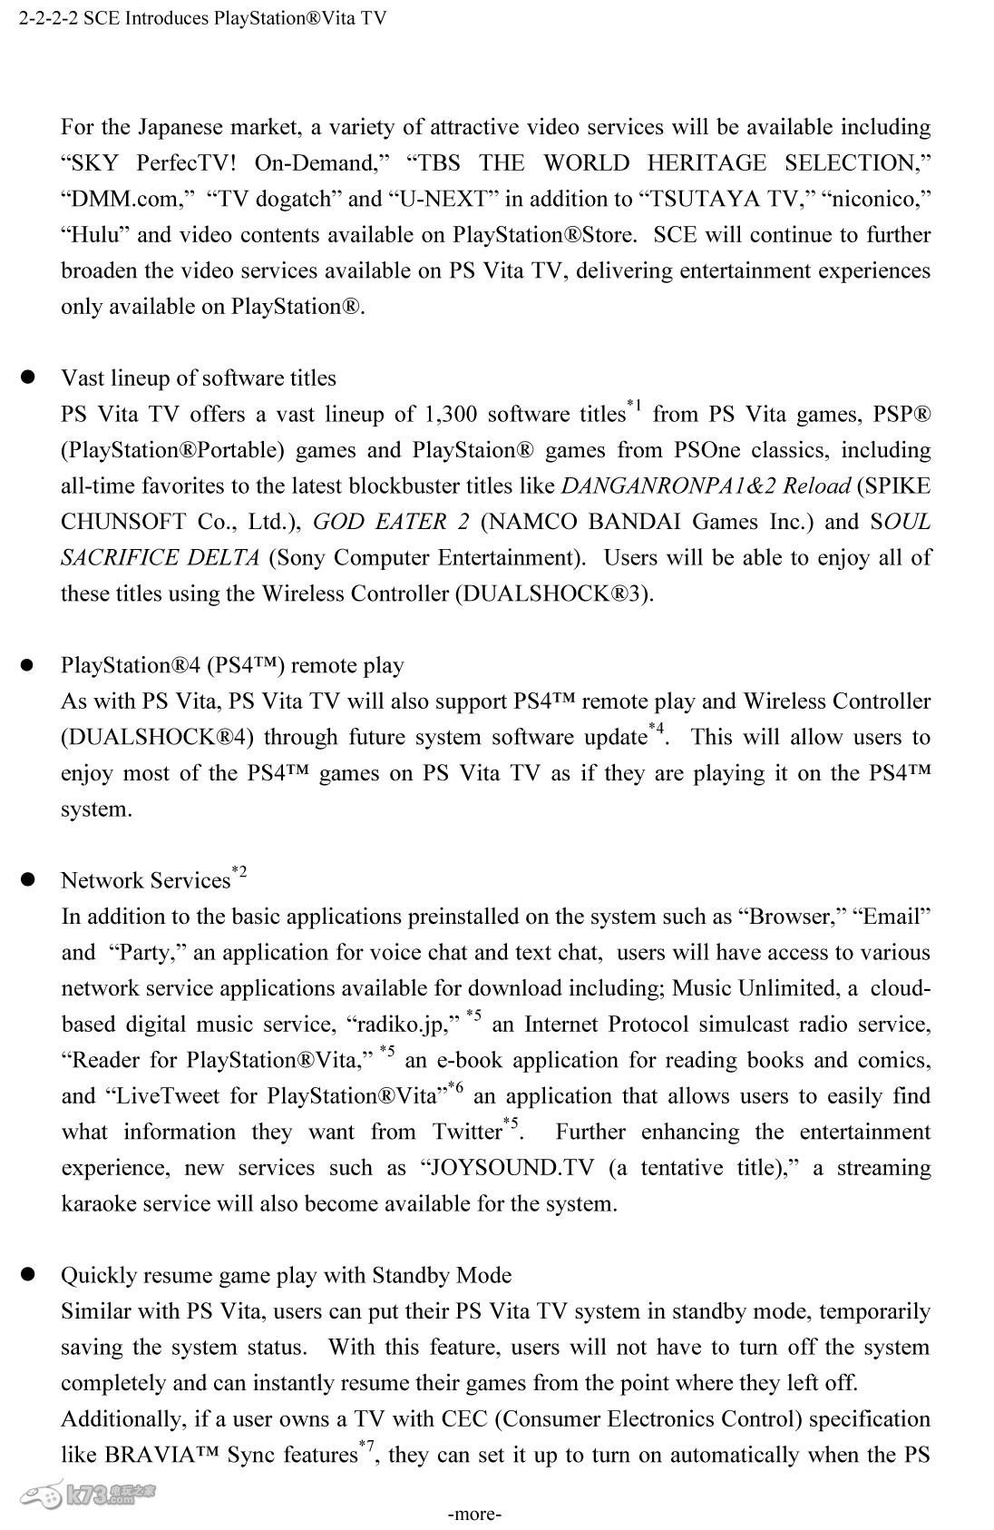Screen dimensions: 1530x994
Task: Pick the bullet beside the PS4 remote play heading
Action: tap(28, 664)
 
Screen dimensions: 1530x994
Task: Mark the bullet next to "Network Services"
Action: tap(28, 879)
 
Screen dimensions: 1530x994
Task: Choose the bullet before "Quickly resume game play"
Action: tap(28, 1274)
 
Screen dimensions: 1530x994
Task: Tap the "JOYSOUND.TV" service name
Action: tap(512, 1168)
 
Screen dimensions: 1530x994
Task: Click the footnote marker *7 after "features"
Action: tap(367, 1445)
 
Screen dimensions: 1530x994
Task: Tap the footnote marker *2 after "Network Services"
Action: tap(239, 872)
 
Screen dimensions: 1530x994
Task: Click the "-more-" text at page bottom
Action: tap(474, 1514)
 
